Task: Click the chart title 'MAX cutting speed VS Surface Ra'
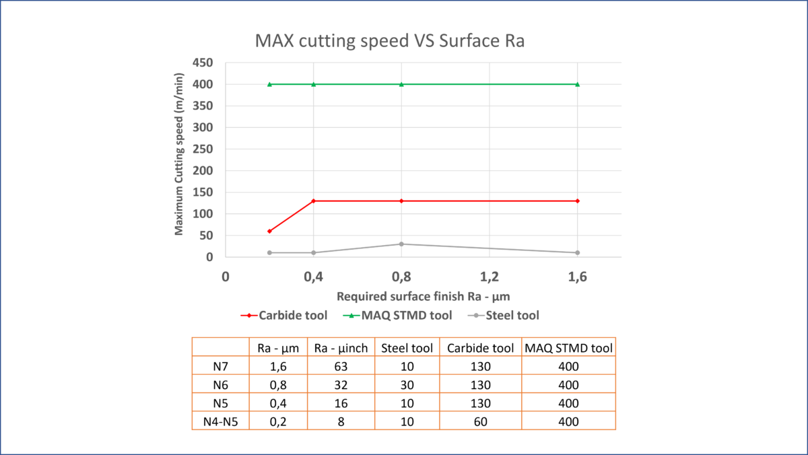pyautogui.click(x=390, y=40)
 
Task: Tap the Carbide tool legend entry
pyautogui.click(x=284, y=316)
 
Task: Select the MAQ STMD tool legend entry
pyautogui.click(x=397, y=316)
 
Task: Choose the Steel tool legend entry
pyautogui.click(x=503, y=316)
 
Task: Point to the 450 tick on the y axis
pyautogui.click(x=203, y=63)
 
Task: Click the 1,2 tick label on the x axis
pyautogui.click(x=490, y=277)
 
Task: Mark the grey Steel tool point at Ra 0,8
pyautogui.click(x=401, y=244)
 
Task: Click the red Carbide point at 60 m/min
pyautogui.click(x=269, y=231)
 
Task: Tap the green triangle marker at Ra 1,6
pyautogui.click(x=578, y=84)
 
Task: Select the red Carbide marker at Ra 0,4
pyautogui.click(x=314, y=201)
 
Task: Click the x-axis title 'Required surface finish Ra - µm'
pyautogui.click(x=423, y=296)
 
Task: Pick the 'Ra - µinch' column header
pyautogui.click(x=341, y=348)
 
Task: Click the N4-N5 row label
pyautogui.click(x=220, y=421)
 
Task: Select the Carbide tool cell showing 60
pyautogui.click(x=481, y=421)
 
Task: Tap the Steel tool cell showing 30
pyautogui.click(x=407, y=385)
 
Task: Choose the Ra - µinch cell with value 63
pyautogui.click(x=341, y=366)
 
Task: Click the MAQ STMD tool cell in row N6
pyautogui.click(x=568, y=385)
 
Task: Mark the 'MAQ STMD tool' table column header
pyautogui.click(x=568, y=348)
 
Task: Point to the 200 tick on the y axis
pyautogui.click(x=203, y=170)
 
